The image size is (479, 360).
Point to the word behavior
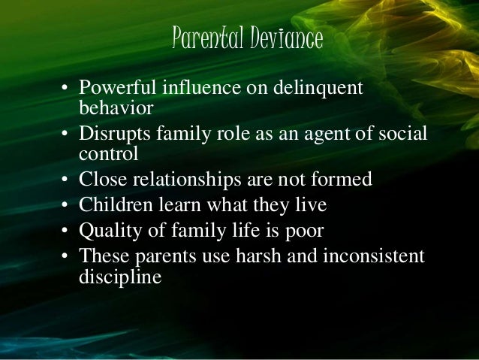[116, 107]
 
